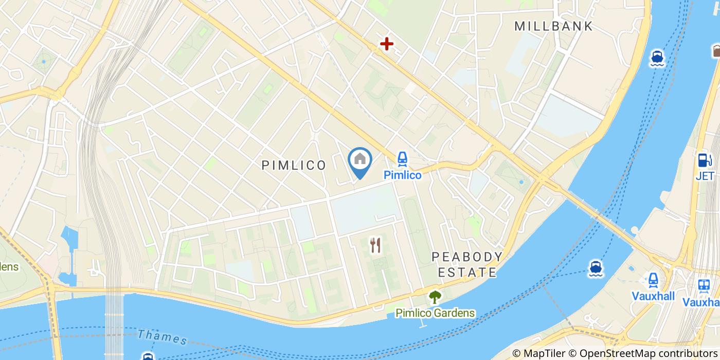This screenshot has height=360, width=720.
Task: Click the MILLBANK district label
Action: [x=553, y=26]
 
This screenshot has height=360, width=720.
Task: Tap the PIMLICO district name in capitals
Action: [x=294, y=165]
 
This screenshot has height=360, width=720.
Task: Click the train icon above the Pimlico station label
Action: [x=402, y=159]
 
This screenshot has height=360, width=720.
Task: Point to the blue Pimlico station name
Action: [x=402, y=175]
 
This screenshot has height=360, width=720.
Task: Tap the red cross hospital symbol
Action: [x=386, y=44]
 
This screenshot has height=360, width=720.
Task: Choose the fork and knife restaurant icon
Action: [x=375, y=245]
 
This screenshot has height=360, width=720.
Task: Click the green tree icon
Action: [x=435, y=297]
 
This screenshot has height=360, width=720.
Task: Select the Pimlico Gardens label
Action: [x=435, y=313]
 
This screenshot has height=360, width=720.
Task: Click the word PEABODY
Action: [x=467, y=257]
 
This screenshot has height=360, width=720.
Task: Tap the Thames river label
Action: [x=163, y=337]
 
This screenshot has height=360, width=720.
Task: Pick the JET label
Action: [x=705, y=176]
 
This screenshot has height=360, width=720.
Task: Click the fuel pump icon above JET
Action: [x=704, y=160]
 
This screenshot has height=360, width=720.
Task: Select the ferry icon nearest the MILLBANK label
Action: [x=657, y=58]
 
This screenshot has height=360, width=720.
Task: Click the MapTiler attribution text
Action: [x=544, y=353]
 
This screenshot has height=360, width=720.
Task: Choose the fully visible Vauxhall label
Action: [x=653, y=297]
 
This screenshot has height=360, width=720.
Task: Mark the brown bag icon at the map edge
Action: [x=716, y=51]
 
